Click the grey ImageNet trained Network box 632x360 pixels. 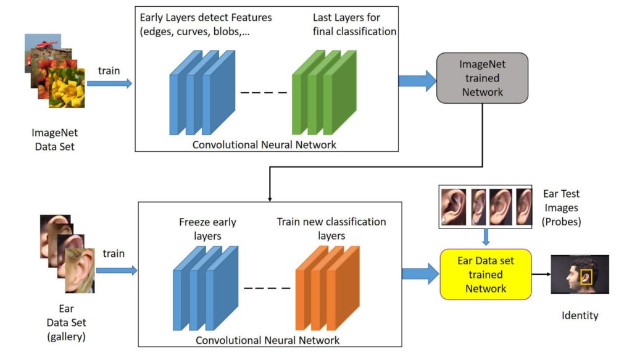click(481, 78)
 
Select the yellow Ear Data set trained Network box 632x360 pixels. click(484, 274)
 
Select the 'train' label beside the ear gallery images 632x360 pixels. click(114, 253)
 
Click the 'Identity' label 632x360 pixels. click(580, 316)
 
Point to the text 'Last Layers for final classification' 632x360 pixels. click(354, 24)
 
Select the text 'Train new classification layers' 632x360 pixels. click(331, 228)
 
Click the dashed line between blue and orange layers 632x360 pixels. click(267, 288)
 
